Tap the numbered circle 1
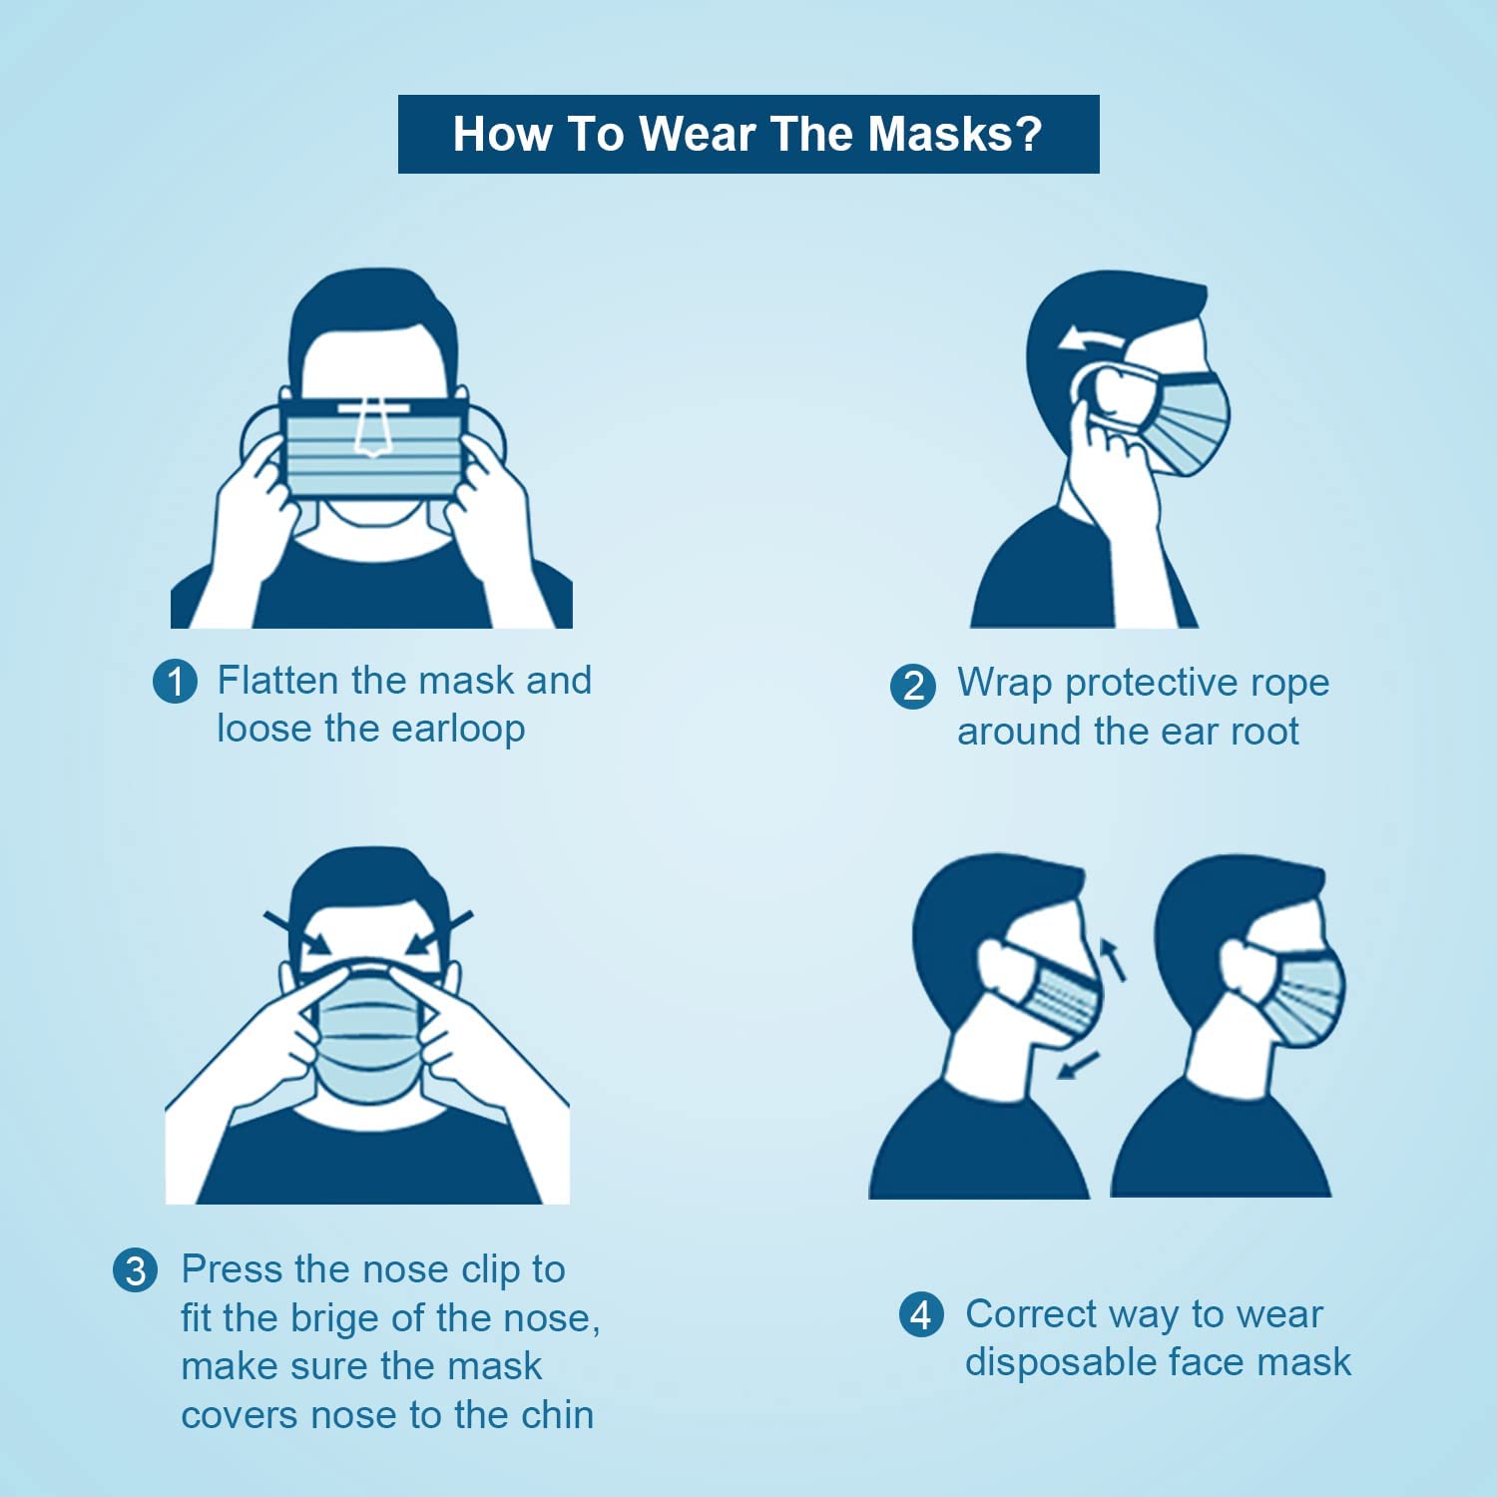tap(175, 682)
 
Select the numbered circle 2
tap(913, 687)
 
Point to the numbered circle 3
tap(135, 1270)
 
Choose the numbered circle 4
tap(921, 1314)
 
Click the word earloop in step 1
tap(458, 730)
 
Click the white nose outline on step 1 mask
tap(372, 428)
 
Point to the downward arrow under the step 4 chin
tap(1078, 1065)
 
